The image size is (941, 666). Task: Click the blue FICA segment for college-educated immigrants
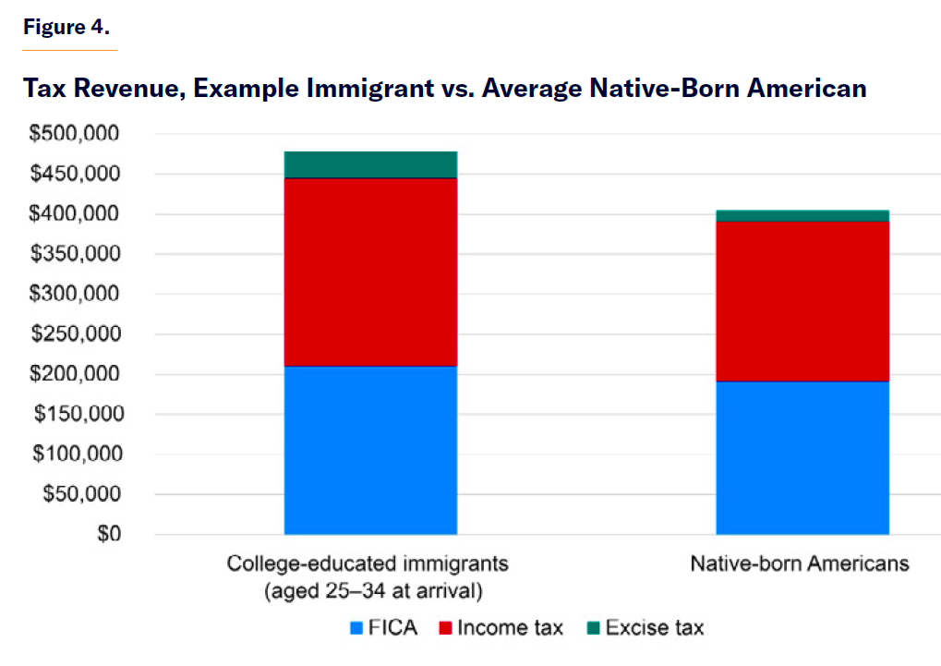(370, 450)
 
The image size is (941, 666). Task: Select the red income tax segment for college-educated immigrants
(370, 272)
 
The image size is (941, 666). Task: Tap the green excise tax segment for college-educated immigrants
(370, 163)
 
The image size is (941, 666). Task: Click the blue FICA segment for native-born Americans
(802, 457)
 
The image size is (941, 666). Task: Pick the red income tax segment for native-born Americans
(802, 301)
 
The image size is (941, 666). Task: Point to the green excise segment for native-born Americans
(802, 215)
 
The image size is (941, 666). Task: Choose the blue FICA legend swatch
(356, 629)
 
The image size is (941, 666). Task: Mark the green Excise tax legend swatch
(593, 629)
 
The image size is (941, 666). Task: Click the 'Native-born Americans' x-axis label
(800, 563)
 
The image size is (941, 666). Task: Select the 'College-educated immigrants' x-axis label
(368, 563)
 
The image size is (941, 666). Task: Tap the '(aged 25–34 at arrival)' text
(368, 589)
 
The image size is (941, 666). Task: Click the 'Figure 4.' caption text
(66, 27)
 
